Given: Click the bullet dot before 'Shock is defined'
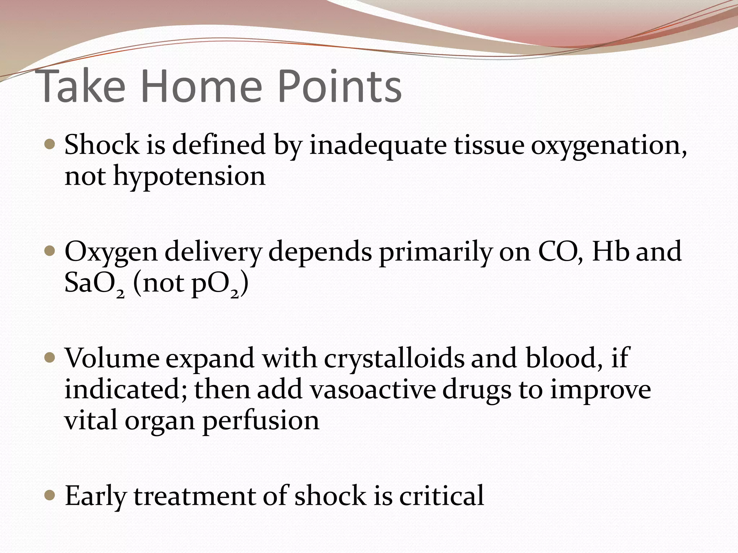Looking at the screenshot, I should click(x=50, y=144).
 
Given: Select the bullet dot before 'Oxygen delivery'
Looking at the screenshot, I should click(x=50, y=251).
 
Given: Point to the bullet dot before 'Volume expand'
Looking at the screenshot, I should click(x=50, y=358).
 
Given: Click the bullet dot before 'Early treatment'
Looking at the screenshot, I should click(x=50, y=496).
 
